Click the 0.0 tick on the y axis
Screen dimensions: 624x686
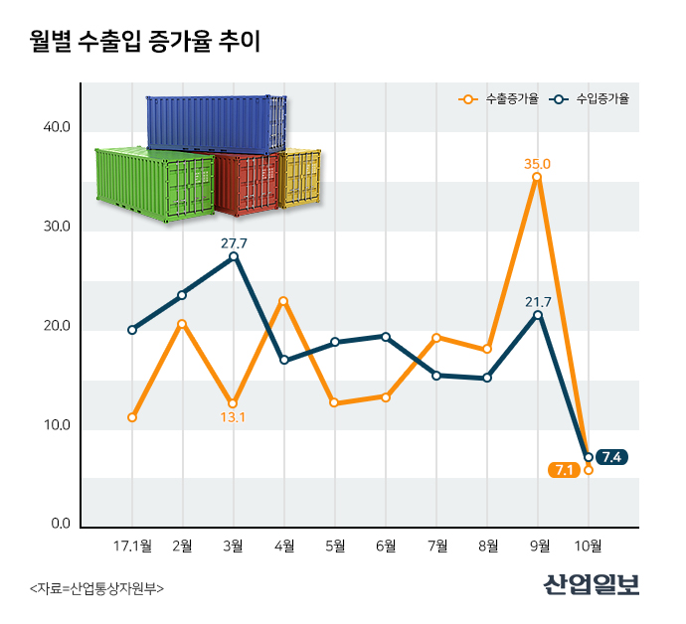[x=60, y=525]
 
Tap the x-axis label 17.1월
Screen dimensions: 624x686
[x=132, y=546]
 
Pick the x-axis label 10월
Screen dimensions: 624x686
[x=589, y=546]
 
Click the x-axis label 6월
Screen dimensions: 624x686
[x=386, y=546]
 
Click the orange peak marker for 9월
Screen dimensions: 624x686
[x=537, y=177]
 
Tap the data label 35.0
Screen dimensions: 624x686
[x=538, y=163]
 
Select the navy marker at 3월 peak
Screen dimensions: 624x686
[x=234, y=256]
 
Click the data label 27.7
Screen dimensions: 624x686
[x=234, y=241]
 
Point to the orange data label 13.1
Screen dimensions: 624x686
[x=233, y=417]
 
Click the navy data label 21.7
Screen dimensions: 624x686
[x=538, y=301]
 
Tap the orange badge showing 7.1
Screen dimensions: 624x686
[x=564, y=470]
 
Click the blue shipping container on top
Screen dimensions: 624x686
[x=215, y=123]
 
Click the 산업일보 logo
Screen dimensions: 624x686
[x=592, y=584]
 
